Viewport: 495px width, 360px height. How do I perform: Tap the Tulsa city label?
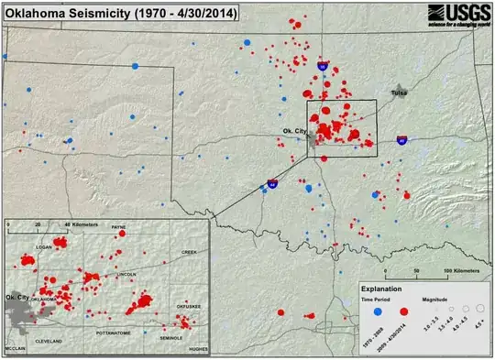(399, 93)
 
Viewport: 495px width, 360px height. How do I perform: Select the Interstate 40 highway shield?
(401, 140)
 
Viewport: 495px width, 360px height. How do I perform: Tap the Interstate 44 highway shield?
(272, 183)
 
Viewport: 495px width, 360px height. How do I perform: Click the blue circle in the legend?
(376, 311)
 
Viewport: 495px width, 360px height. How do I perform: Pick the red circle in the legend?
(404, 311)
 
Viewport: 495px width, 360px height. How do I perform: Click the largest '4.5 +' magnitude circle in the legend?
(479, 311)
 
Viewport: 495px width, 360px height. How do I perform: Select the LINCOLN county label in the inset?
(127, 274)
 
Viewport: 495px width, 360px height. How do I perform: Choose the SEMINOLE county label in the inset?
(171, 338)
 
